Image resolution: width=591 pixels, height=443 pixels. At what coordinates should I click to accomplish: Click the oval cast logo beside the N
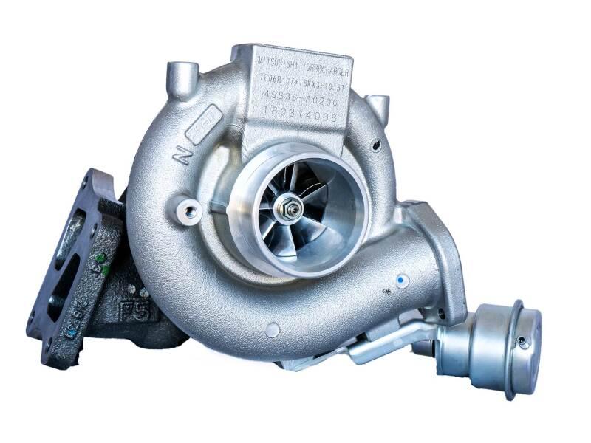[x=204, y=131]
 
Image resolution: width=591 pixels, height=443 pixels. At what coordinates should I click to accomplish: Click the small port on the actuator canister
[x=524, y=341]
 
